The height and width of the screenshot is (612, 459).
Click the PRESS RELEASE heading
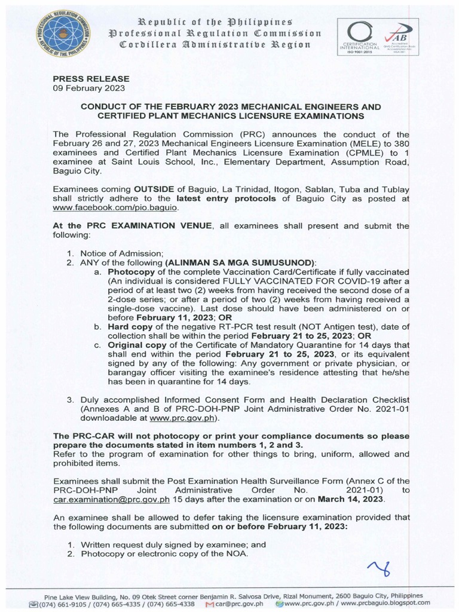(x=91, y=78)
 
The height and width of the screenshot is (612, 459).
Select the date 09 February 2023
(x=89, y=88)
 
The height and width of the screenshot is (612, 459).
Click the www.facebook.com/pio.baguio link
(x=115, y=207)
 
